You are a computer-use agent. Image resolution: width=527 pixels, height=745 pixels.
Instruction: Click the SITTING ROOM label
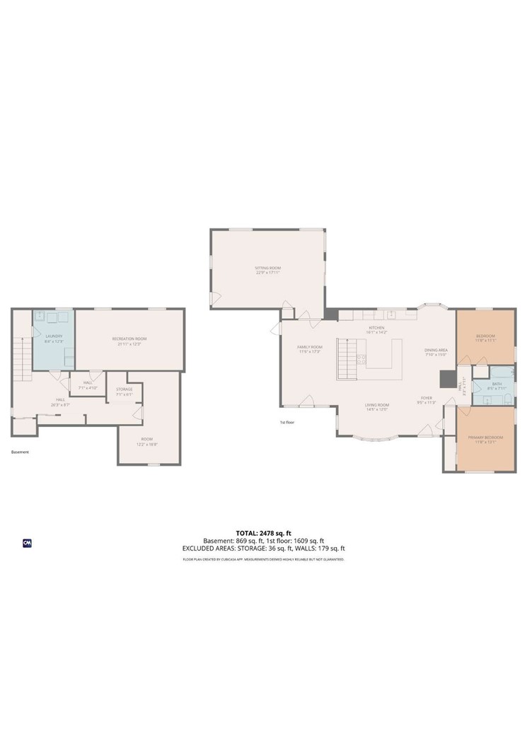pos(268,268)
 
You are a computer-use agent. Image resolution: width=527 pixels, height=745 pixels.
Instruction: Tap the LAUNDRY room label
pos(54,336)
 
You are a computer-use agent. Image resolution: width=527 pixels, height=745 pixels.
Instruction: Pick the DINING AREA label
pos(436,350)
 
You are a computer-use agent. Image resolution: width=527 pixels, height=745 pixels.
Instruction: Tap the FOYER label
pos(427,398)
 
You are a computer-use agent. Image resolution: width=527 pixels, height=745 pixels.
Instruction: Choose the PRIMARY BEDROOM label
pos(485,438)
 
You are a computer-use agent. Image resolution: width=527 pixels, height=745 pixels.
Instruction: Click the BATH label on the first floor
pos(497,384)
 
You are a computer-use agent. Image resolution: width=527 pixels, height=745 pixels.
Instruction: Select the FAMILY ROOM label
pos(309,347)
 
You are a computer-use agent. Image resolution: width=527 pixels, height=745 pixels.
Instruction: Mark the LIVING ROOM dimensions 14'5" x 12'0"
pos(377,409)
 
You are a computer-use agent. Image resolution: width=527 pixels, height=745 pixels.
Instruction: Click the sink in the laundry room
pos(42,316)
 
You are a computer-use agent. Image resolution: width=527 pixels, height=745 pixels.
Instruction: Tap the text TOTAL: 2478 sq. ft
pos(263,533)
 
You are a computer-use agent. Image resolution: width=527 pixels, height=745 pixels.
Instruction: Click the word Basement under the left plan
pos(20,452)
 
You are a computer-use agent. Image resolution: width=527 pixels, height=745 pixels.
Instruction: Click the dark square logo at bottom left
pos(28,543)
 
